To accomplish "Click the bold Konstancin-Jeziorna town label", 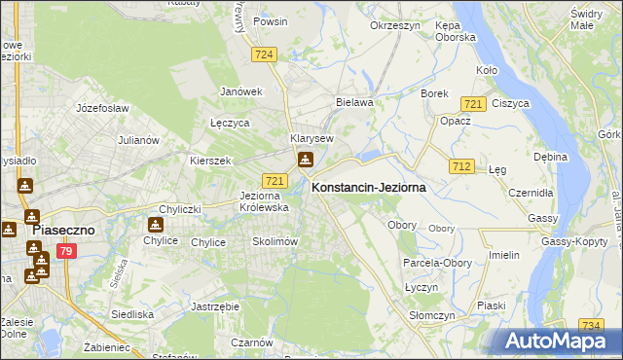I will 369,190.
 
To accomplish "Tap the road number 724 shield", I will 262,55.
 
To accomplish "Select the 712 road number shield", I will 461,167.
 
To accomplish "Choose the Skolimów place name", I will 274,241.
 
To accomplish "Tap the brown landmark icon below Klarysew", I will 306,161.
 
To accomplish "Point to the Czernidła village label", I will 533,193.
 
